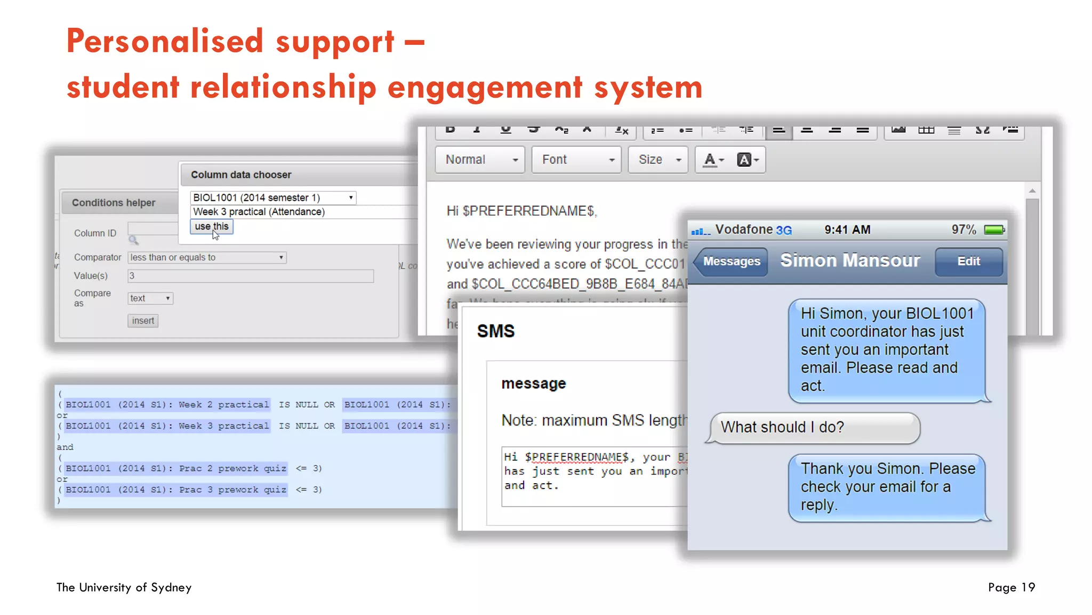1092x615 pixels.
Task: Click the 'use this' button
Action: tap(211, 226)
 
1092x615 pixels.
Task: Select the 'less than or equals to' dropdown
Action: tap(207, 257)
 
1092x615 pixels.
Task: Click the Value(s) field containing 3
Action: tap(251, 276)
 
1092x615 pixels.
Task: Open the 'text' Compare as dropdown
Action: tap(150, 298)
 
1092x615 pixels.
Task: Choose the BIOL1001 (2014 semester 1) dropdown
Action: tap(272, 198)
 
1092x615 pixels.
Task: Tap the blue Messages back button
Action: tap(731, 262)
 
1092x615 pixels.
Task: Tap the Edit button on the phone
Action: tap(968, 262)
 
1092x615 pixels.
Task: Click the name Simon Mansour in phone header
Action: tap(850, 261)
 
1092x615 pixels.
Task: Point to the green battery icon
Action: tap(994, 230)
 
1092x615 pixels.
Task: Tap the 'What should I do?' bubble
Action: tap(815, 428)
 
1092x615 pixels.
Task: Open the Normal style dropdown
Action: tap(480, 160)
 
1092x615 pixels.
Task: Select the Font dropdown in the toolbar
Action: tap(576, 160)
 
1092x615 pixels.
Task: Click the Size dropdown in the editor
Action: tap(659, 160)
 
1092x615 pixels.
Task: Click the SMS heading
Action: tap(495, 331)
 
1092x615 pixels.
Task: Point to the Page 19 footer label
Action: tap(1011, 587)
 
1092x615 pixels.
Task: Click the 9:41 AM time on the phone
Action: tap(847, 230)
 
